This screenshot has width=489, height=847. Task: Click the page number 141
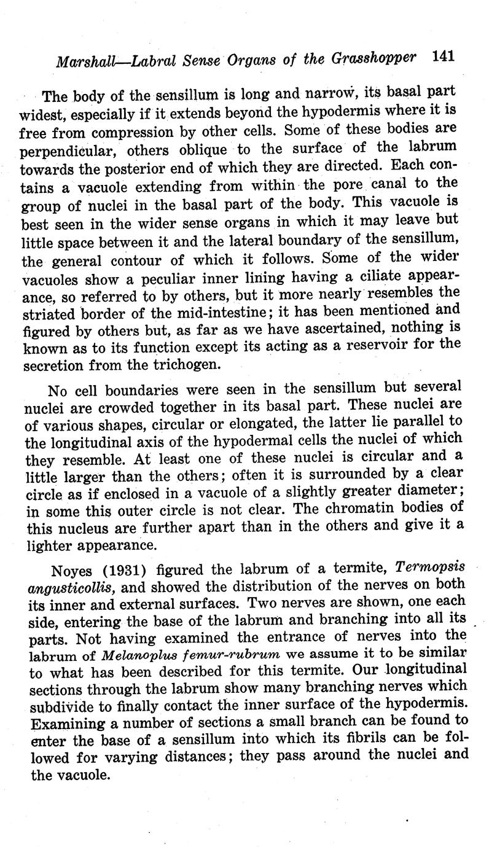pyautogui.click(x=442, y=57)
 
